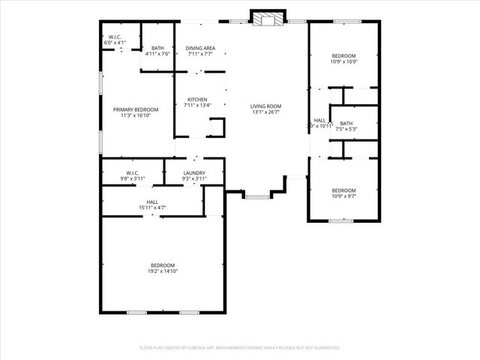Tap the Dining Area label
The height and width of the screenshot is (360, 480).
coord(200,48)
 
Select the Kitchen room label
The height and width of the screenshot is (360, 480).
coord(198,99)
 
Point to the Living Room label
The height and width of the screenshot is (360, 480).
coord(265,106)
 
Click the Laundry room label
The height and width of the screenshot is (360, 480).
coord(193,173)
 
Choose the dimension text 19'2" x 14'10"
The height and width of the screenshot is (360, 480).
coord(163,271)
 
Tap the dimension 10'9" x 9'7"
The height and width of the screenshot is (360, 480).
coord(343,196)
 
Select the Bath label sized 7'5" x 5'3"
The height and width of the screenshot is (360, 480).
coord(346,124)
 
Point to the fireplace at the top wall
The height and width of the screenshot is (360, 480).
coord(268,18)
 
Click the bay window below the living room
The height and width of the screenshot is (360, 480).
coord(257,196)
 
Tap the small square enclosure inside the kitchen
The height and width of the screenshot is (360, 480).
coord(216,128)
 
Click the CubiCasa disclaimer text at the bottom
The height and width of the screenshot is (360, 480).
coord(240,348)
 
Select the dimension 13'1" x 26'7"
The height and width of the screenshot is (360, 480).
coord(265,112)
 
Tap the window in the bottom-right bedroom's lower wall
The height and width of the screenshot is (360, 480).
coord(341,220)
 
